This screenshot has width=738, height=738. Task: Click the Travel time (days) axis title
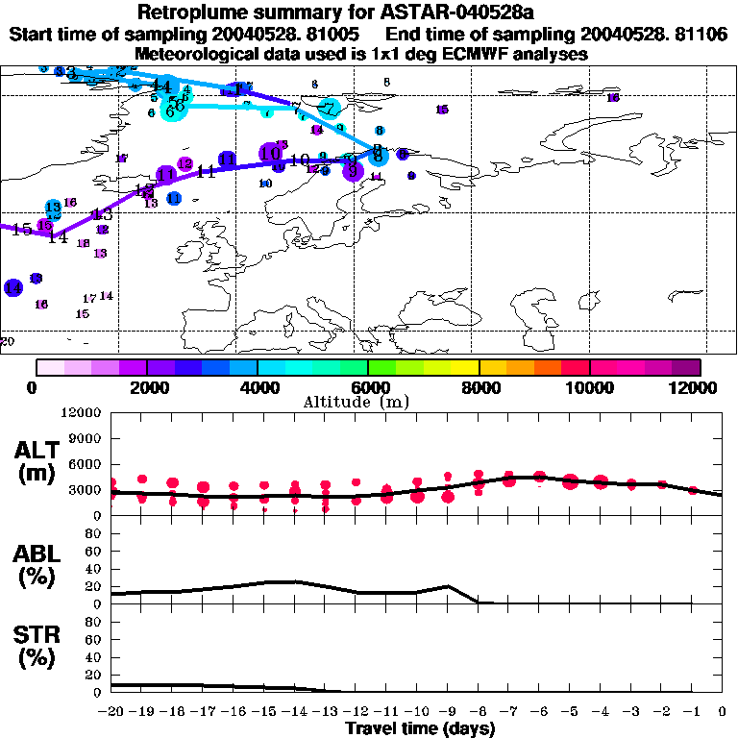(420, 728)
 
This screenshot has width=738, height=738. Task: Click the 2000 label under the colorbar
(147, 387)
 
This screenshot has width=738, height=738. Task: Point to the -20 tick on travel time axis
(111, 712)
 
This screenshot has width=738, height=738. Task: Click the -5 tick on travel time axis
(570, 712)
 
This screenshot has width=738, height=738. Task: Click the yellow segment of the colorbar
(464, 367)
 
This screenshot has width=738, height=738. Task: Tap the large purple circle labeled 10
(270, 153)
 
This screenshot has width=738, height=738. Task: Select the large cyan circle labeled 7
(330, 109)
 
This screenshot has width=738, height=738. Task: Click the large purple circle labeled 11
(166, 175)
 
